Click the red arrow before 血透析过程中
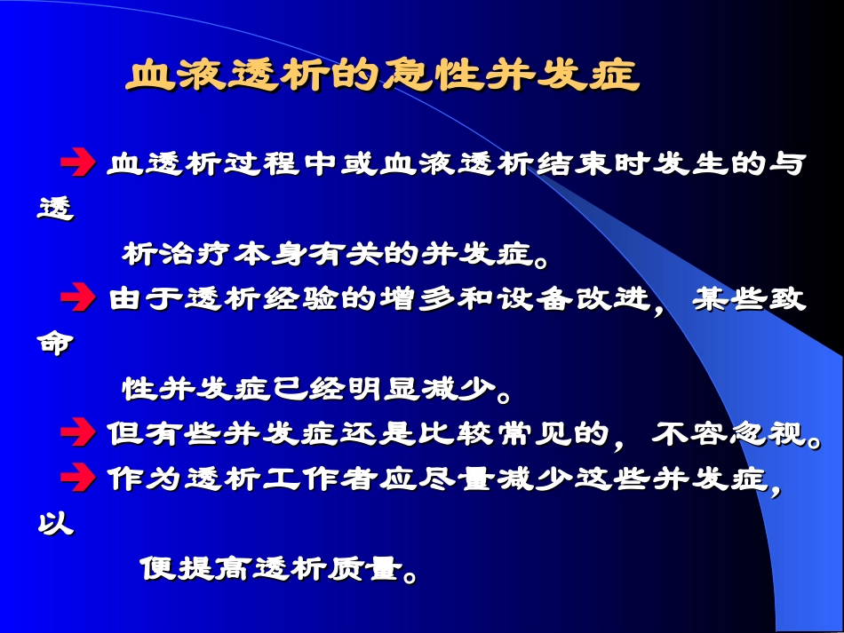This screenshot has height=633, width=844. coord(77,163)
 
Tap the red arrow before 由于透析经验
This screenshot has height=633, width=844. coord(77,298)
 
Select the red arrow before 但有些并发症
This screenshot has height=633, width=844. coord(77,433)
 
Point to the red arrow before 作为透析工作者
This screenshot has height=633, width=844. coord(77,479)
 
